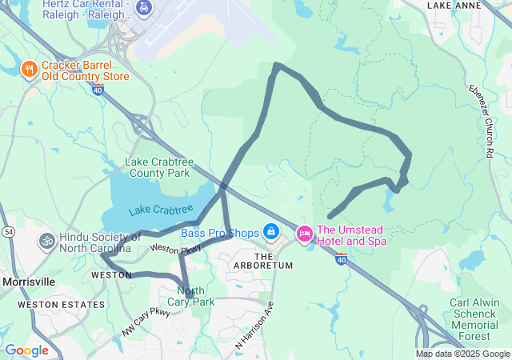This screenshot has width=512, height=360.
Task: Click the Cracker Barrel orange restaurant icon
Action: (29, 69)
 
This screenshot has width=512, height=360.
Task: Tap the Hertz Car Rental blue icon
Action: (143, 9)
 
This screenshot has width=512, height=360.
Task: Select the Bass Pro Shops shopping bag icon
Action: (271, 232)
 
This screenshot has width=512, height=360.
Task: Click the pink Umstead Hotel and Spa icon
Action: (304, 234)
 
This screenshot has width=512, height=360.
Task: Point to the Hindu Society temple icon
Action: (46, 240)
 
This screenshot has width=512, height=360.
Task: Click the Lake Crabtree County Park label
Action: (158, 167)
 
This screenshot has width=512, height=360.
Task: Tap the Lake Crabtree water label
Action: (161, 210)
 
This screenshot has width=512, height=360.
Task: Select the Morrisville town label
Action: (29, 282)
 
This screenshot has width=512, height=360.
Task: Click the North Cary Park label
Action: (196, 296)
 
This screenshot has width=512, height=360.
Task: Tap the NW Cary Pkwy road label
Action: (146, 319)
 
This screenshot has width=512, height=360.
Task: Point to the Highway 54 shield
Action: (6, 231)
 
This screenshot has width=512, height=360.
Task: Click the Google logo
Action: (27, 350)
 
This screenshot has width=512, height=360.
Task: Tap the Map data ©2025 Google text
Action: (462, 354)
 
